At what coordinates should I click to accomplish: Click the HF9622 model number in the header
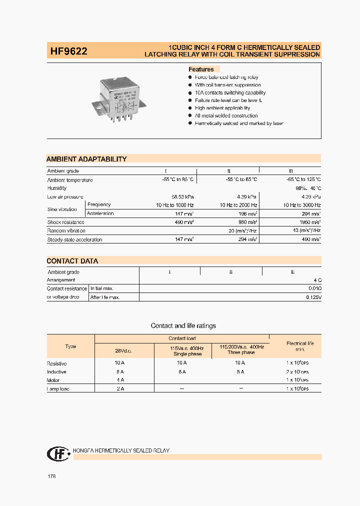[x=68, y=50]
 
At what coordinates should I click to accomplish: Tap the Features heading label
[x=201, y=69]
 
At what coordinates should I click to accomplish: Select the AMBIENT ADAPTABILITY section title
[x=86, y=159]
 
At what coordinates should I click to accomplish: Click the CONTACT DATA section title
[x=72, y=261]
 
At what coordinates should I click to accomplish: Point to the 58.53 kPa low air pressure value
[x=182, y=196]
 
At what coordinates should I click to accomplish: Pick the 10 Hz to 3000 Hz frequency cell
[x=301, y=205]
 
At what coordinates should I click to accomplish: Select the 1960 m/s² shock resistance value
[x=308, y=222]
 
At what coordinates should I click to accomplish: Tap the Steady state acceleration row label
[x=74, y=239]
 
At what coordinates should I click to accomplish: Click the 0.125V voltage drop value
[x=313, y=297]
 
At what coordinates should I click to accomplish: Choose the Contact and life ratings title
[x=183, y=325]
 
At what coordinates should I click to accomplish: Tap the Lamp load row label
[x=58, y=389]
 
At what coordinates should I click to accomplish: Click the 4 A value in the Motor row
[x=120, y=380]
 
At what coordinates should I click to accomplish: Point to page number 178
[x=51, y=476]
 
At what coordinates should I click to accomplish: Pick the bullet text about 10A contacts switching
[x=230, y=92]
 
